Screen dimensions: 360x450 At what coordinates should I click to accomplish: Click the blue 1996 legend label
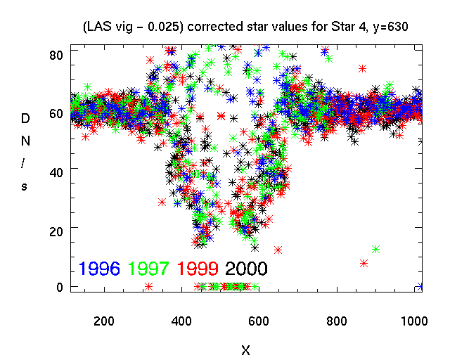click(x=100, y=268)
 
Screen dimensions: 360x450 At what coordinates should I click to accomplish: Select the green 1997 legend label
click(x=148, y=268)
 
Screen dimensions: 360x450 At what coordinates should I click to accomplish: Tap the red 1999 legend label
click(x=197, y=268)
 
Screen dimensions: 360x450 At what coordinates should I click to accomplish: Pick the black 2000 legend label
click(x=245, y=268)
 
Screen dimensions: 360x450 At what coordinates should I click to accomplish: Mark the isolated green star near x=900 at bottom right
click(x=375, y=249)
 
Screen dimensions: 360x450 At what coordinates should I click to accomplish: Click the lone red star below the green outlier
click(x=364, y=264)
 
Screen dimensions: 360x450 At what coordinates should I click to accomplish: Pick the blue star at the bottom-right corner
click(x=420, y=286)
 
